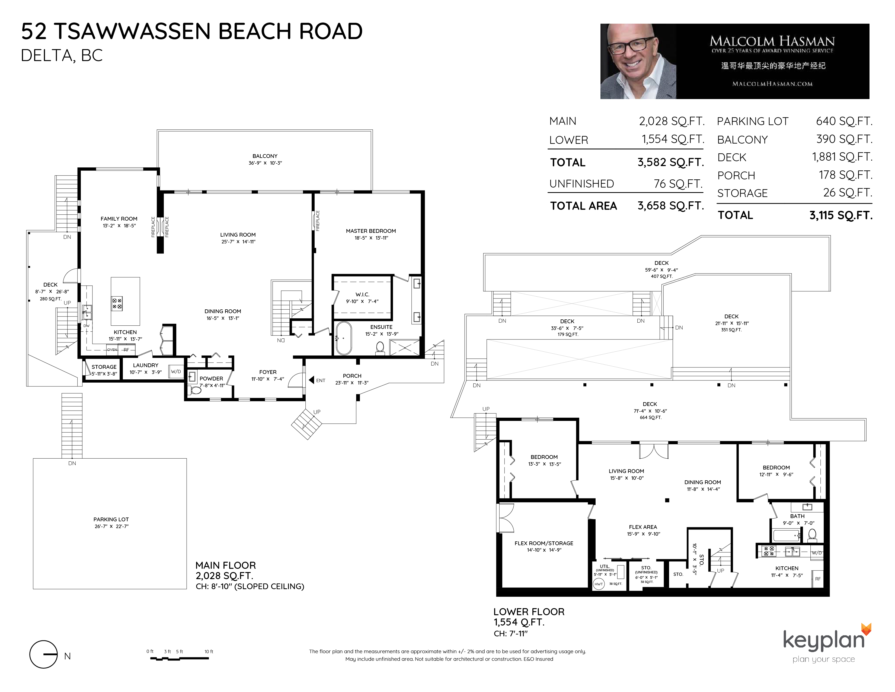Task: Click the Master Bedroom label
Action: (x=371, y=231)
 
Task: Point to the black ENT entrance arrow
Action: (x=311, y=380)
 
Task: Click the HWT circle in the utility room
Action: (x=599, y=584)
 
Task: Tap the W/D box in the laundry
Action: (x=176, y=372)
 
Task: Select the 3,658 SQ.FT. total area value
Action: (x=671, y=205)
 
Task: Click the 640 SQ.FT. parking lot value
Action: (x=844, y=121)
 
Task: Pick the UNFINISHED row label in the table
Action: (x=581, y=184)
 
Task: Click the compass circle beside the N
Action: (x=43, y=654)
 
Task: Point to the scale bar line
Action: (x=180, y=658)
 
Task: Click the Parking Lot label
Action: (x=111, y=519)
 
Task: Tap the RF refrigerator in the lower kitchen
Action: (x=817, y=579)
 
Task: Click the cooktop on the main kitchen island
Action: (x=117, y=304)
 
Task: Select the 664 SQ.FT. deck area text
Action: (x=650, y=418)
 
